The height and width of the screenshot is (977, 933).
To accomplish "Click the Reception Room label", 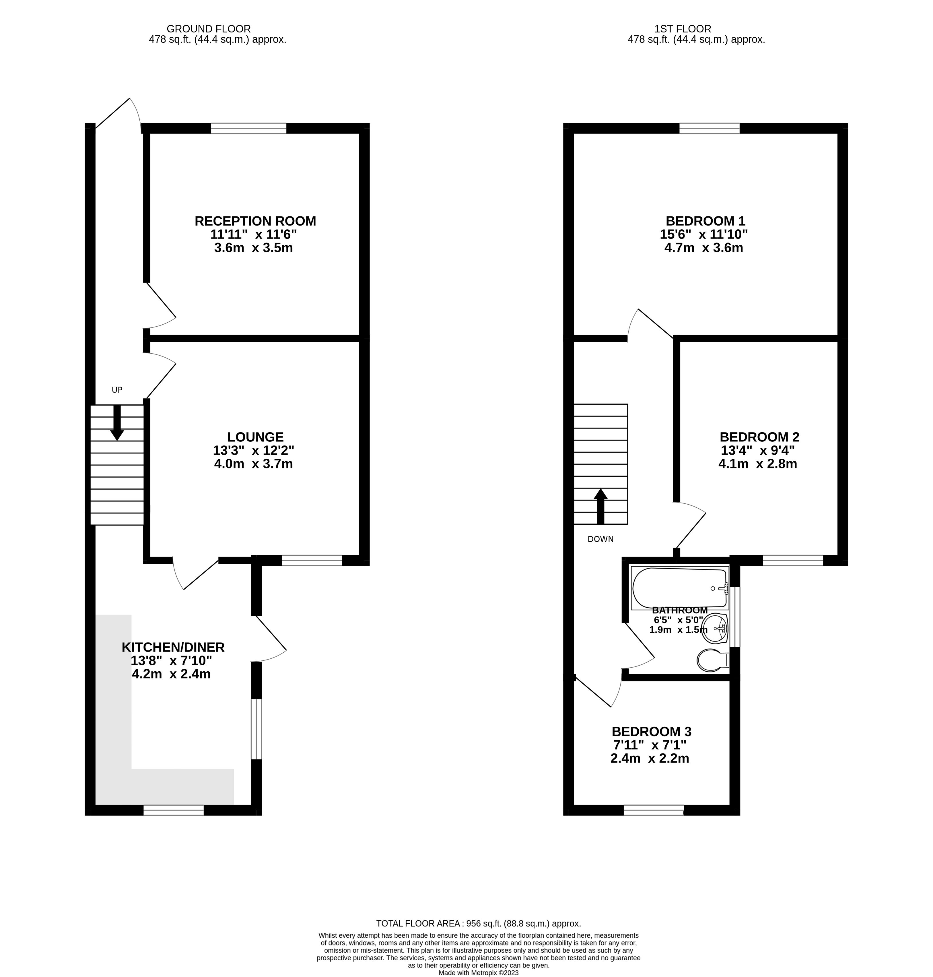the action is coord(255,221).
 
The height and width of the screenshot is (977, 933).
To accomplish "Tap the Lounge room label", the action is coord(255,437).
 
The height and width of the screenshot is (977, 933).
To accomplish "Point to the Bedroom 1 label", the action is coord(705,221).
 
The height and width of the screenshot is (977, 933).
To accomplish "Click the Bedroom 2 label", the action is coord(759,437).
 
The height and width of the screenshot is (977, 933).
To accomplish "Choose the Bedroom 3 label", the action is coord(652,731).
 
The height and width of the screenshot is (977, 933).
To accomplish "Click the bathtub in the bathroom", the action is coord(680,588).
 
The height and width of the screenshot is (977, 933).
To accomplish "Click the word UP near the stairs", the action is coord(117,390).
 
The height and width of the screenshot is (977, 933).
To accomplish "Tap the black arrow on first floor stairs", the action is coord(601,506).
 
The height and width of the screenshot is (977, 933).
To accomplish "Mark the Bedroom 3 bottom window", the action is coord(654,810).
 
